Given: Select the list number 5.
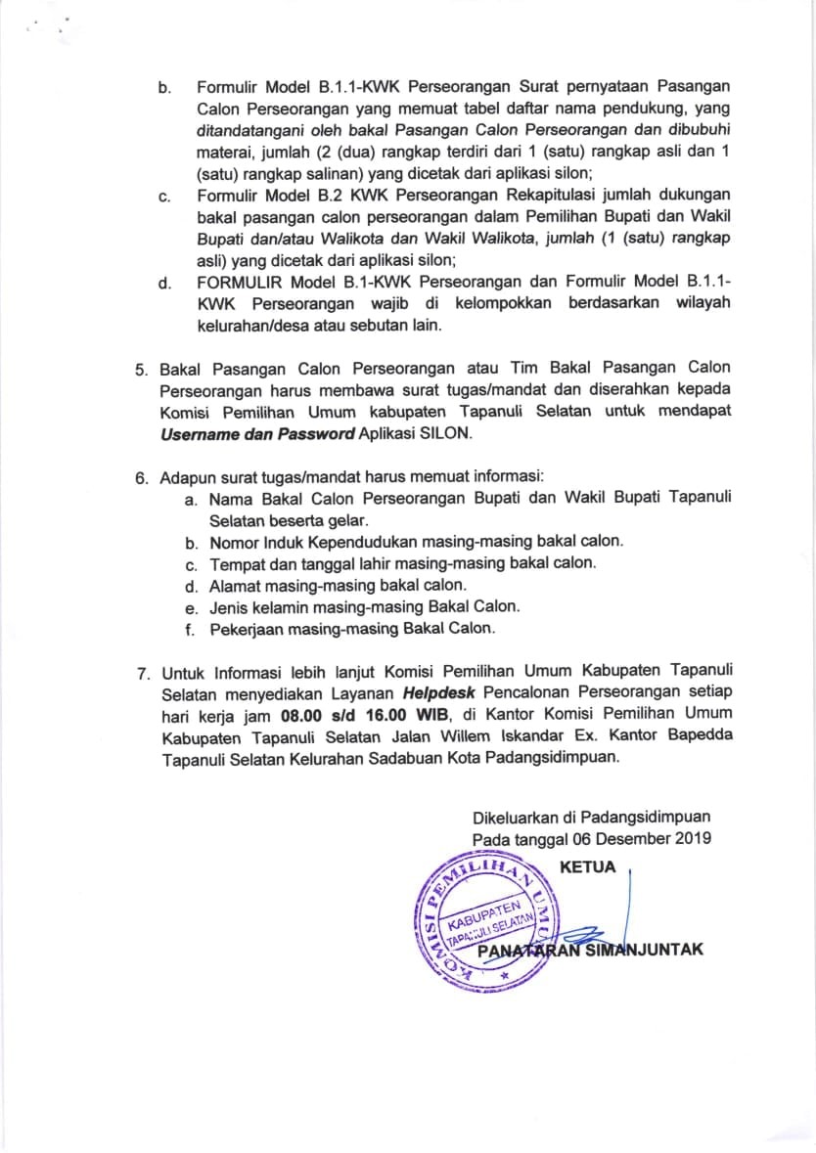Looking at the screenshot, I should point(141,369).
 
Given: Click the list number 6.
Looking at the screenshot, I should point(141,477).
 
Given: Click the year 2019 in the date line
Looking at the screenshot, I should point(691,838).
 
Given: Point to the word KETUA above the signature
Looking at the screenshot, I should point(587,866).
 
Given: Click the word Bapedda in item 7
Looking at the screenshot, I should point(701,736).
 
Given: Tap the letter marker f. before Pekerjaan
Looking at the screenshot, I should point(192,629).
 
